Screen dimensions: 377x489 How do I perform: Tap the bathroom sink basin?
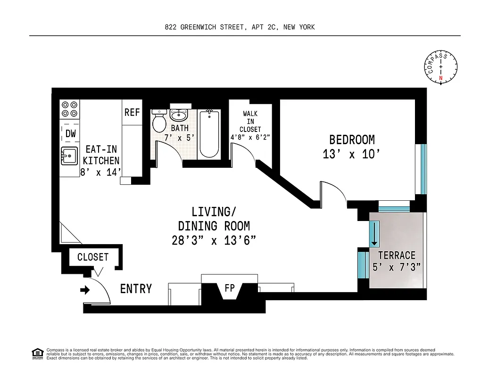[x=179, y=115]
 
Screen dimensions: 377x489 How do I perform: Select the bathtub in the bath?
[x=209, y=134]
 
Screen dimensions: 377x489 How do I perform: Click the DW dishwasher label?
[x=70, y=134]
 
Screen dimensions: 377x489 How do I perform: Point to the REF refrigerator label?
[x=132, y=113]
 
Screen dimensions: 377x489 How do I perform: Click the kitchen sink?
[x=69, y=156]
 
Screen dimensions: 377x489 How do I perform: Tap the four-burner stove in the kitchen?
[x=70, y=109]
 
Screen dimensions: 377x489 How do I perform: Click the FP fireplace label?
[x=230, y=288]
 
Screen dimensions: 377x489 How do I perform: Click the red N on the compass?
[x=441, y=78]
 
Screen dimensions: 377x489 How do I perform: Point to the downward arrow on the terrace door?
[x=374, y=234]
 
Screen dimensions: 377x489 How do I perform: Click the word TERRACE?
[x=397, y=255]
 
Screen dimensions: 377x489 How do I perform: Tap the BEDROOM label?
[x=352, y=139]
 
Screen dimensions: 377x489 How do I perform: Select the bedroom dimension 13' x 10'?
[x=352, y=154]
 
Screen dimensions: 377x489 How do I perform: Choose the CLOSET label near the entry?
[x=93, y=257]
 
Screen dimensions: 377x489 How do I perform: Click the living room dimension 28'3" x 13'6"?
[x=214, y=240]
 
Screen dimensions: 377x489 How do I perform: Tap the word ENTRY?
[x=136, y=288]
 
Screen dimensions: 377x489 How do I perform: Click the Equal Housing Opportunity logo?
[x=37, y=353]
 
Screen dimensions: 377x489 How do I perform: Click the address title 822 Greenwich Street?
[x=240, y=27]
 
